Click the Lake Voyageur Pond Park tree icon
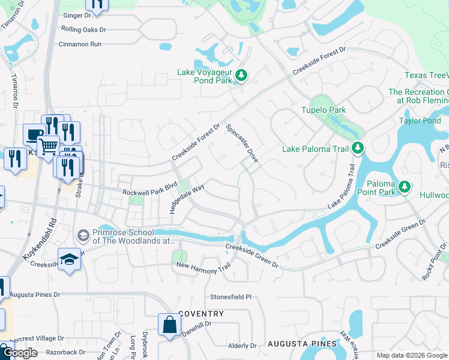241,75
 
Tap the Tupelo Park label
324,110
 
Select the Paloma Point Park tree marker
405,188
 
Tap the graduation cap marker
70,260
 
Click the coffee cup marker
33,134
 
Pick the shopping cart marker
47,146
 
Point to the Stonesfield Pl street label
231,297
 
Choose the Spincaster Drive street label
242,143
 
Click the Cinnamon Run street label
80,44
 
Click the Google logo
20,353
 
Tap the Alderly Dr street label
242,346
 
